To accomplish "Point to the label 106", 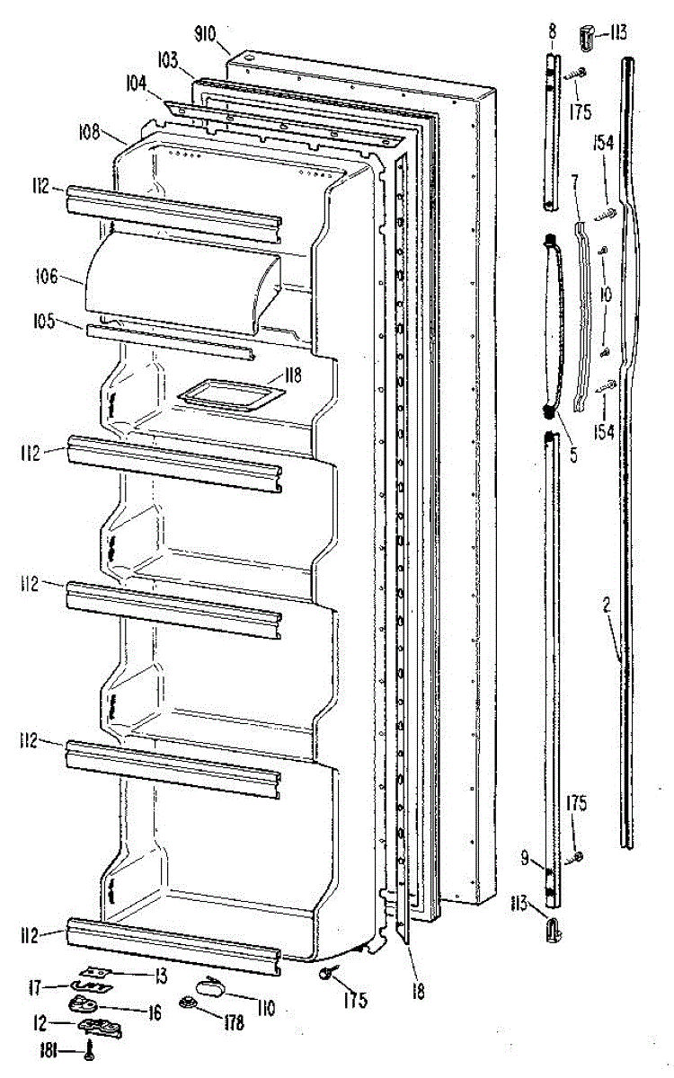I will click(x=73, y=276).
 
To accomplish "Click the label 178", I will click(x=235, y=1022).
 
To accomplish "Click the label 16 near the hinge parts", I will click(x=154, y=1012).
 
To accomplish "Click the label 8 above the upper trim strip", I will click(x=552, y=32).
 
